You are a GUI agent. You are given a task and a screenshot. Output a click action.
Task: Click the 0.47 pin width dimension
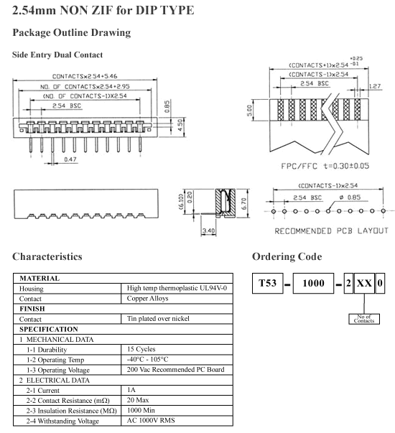click(x=70, y=159)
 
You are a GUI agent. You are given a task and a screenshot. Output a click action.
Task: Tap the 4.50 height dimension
click(x=180, y=125)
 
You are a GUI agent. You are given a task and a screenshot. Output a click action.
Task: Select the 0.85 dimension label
click(x=167, y=106)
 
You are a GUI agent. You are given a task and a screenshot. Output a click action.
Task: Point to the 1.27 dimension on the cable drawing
click(x=375, y=86)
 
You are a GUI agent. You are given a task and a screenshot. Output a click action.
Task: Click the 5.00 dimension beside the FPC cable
click(x=249, y=111)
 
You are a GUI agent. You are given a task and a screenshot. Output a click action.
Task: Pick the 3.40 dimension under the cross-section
click(x=208, y=231)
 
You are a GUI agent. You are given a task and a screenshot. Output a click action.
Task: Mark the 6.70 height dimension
click(x=243, y=204)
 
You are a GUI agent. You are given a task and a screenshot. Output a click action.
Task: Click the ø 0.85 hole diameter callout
click(x=350, y=197)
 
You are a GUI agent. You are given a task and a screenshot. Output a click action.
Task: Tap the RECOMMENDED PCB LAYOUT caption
click(x=331, y=231)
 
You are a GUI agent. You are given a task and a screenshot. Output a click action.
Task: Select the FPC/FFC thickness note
click(x=325, y=166)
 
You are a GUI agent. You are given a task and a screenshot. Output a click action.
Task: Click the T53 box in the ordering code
click(x=267, y=283)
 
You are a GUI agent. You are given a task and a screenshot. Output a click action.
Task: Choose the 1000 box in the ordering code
click(x=313, y=283)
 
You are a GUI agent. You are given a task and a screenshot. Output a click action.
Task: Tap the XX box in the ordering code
click(x=364, y=283)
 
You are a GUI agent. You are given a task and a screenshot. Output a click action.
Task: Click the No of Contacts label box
click(x=364, y=319)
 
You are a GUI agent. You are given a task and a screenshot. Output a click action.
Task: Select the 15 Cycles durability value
click(x=141, y=349)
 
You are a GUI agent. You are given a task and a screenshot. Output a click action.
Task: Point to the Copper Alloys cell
click(x=147, y=298)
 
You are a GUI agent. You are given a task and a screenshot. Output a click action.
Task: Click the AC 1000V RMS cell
click(x=151, y=420)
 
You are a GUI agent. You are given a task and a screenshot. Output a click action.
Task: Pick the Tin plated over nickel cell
click(x=158, y=319)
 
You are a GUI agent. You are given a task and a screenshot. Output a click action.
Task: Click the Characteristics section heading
click(x=47, y=256)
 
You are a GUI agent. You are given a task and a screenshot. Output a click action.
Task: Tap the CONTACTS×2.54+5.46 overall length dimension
click(x=85, y=76)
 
